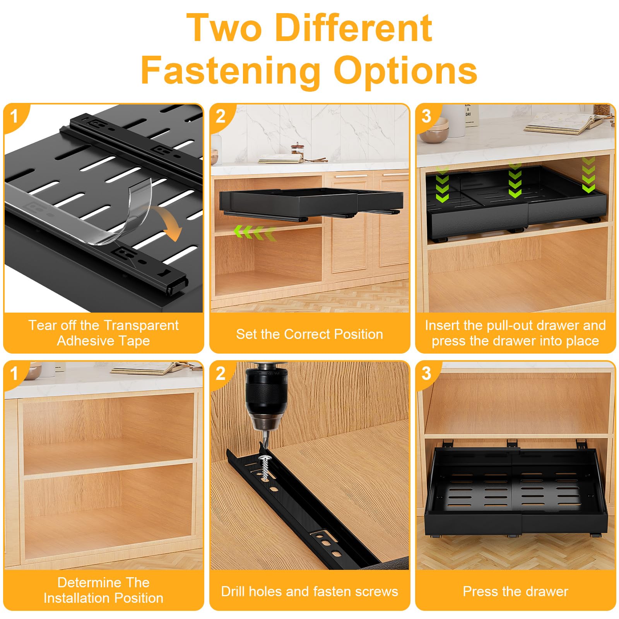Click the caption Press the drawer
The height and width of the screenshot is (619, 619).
(515, 592)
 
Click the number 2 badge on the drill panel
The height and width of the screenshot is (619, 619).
(221, 374)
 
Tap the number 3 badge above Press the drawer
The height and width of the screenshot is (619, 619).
(426, 374)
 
